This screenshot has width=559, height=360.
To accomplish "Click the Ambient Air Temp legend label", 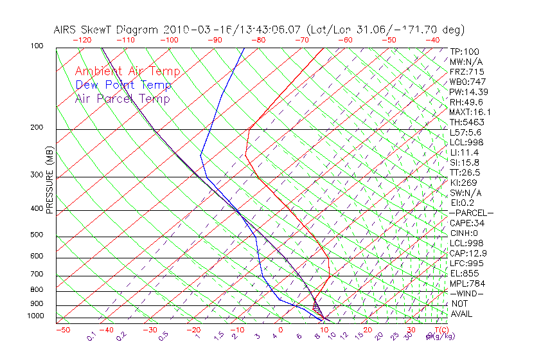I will [127, 71].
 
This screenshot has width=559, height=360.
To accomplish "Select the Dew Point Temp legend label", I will [123, 85].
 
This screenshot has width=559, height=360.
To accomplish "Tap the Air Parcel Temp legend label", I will [122, 98].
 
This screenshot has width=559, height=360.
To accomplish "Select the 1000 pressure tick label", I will [37, 316].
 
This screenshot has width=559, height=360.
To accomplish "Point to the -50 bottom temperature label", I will [62, 330].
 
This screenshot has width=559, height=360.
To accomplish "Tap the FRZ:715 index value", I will [466, 72].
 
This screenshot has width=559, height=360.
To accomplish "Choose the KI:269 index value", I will [463, 183].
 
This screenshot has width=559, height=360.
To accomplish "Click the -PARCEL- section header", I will [471, 213].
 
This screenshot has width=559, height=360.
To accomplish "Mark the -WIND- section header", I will [466, 293].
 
